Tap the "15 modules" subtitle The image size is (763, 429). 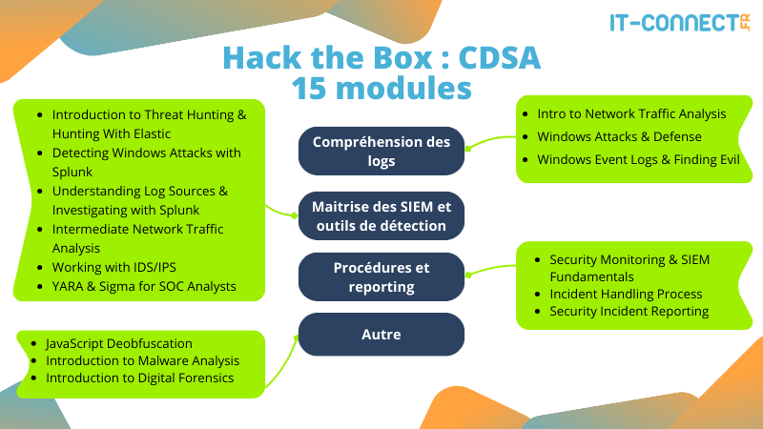381,88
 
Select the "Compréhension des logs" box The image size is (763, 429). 381,152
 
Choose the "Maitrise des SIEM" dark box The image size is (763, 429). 381,214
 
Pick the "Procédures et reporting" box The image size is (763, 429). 381,277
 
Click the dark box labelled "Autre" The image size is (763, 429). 381,335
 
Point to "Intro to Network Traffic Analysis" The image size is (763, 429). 631,113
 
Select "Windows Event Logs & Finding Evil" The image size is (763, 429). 638,159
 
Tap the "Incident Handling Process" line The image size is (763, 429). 626,294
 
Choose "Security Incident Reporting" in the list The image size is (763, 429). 629,311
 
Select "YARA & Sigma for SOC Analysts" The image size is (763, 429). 144,285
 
